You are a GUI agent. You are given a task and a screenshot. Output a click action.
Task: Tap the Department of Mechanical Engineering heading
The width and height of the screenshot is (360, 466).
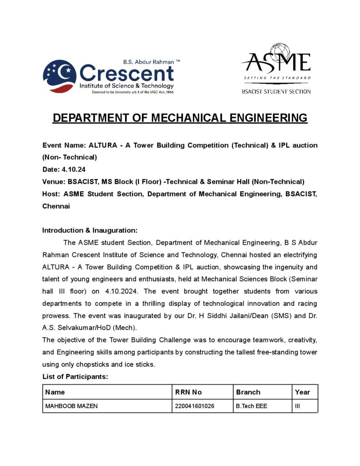pos(180,118)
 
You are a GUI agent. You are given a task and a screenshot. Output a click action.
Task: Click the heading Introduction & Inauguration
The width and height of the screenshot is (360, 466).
pos(90,230)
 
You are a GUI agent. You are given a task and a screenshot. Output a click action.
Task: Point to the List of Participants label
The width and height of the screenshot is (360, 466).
pos(75,377)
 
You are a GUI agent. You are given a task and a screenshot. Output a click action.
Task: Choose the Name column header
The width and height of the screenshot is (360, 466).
pos(55,392)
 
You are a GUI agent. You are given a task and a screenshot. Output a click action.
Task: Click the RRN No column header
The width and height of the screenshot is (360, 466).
pos(188,392)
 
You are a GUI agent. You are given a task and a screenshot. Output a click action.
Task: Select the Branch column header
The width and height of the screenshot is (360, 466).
pos(248,392)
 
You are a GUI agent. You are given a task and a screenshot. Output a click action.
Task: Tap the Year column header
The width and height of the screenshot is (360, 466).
pos(302,392)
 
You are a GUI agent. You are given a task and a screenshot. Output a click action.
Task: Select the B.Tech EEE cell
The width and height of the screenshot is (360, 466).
pos(251,406)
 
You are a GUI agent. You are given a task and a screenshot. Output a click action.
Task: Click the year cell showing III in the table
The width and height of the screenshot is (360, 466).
pos(298,406)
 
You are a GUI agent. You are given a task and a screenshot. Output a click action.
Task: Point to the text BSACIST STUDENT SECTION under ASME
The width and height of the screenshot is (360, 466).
pos(276,91)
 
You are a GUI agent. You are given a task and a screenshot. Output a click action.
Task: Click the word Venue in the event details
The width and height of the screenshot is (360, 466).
pos(53,182)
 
